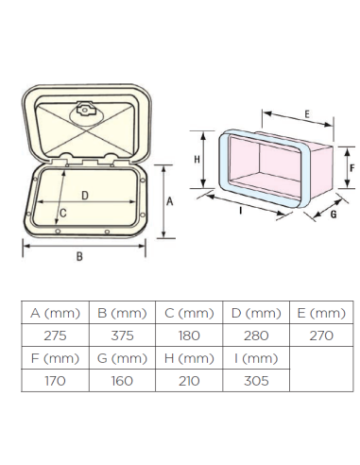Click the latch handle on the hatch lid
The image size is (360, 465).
(85, 110)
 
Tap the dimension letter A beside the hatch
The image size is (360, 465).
(169, 201)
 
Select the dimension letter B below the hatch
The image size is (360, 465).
(79, 256)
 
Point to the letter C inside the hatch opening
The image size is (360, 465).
(63, 214)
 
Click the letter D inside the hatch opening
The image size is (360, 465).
(85, 196)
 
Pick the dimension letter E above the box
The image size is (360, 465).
(307, 114)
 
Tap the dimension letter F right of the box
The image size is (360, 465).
(352, 168)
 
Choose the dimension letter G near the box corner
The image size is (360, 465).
(334, 215)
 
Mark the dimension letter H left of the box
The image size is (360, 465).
(197, 160)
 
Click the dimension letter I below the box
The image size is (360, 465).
(241, 211)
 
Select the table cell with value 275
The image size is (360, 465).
(55, 336)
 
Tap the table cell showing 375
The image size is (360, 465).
(122, 336)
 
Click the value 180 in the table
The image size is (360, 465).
(189, 336)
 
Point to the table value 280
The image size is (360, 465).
(256, 336)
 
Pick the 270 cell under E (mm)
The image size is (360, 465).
(321, 336)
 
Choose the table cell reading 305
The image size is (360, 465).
(256, 381)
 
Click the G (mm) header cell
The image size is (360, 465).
(122, 358)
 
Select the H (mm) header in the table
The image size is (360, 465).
(189, 358)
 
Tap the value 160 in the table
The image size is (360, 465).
(122, 381)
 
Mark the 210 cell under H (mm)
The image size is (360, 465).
(189, 381)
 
